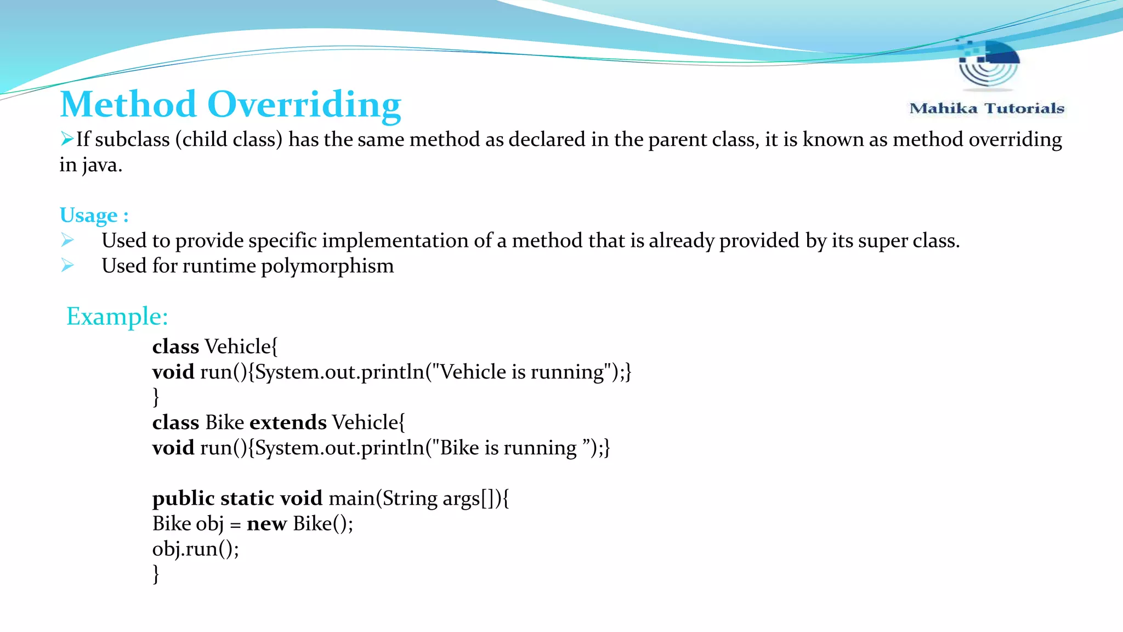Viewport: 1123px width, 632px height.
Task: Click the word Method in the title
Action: (x=128, y=104)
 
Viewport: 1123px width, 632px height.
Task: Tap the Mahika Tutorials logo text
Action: (x=986, y=108)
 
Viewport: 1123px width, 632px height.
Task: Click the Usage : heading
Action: (x=94, y=215)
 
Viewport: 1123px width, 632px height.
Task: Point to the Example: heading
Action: (x=117, y=317)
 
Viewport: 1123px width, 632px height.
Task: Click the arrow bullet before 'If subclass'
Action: (x=67, y=139)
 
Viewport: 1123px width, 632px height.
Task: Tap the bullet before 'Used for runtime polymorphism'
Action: (x=67, y=266)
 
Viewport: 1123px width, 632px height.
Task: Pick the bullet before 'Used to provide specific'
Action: (x=67, y=240)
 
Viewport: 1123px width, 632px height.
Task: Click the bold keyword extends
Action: (x=288, y=422)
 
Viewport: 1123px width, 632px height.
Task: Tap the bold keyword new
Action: (x=266, y=524)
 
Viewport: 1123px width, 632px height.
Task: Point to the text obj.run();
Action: (x=195, y=549)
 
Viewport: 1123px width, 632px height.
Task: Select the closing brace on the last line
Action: (x=156, y=574)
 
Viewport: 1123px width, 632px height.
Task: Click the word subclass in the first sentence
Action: (x=132, y=139)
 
